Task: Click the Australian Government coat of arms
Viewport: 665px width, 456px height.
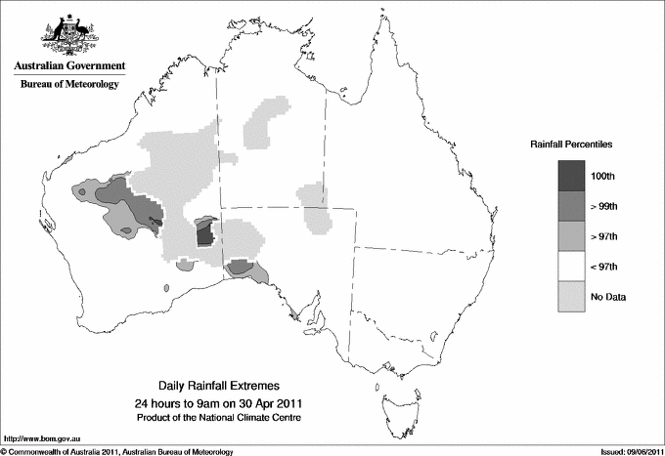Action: click(68, 36)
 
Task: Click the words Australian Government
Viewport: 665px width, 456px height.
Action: click(69, 66)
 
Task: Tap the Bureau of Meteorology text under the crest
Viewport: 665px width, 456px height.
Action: click(69, 85)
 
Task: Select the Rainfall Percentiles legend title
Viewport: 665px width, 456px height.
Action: click(571, 144)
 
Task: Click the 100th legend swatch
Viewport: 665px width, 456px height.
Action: click(571, 175)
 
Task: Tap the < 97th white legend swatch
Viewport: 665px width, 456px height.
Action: click(571, 266)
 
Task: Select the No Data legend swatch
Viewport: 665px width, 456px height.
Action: click(571, 296)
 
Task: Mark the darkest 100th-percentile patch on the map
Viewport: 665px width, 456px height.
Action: click(204, 234)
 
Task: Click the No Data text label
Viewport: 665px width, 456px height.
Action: click(609, 297)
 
